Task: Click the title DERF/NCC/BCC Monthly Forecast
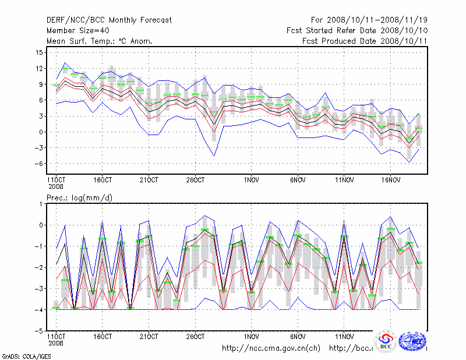110,20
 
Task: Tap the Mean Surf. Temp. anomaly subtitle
100,41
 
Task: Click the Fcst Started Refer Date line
358,30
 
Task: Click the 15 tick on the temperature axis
39,52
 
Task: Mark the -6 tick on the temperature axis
39,164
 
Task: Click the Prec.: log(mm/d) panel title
80,197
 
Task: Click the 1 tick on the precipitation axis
41,204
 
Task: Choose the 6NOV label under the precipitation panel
298,337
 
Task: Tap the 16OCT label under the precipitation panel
102,337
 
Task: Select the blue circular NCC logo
414,340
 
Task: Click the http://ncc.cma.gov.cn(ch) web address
271,348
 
